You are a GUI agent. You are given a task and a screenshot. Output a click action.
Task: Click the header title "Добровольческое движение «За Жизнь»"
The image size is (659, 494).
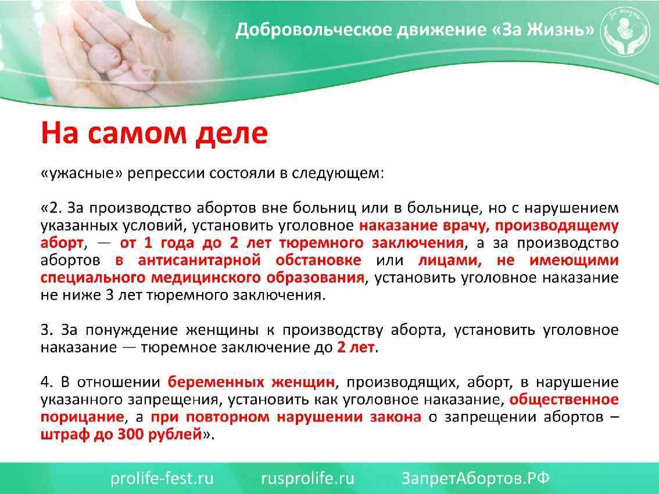coord(414,30)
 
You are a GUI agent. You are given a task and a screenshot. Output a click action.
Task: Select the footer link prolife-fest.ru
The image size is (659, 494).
coord(162,478)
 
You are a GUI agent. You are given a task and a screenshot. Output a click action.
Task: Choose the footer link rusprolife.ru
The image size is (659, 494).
coord(307,478)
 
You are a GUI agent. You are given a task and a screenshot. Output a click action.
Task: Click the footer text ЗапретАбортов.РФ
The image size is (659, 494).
coord(475,478)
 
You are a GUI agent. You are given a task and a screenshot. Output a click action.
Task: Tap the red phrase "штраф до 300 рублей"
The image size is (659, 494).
coord(121,434)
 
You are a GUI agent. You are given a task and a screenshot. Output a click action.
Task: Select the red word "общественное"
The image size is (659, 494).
coord(564,399)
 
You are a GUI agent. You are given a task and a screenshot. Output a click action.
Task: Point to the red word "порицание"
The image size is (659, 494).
coord(82,417)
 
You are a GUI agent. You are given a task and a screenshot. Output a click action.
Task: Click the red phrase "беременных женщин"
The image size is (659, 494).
coord(251,382)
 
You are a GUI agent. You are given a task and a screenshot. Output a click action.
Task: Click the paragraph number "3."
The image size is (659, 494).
coord(47,330)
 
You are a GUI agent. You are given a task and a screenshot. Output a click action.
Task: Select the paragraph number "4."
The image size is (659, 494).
coord(47,382)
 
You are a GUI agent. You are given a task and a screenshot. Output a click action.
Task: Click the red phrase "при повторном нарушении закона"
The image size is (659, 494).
coord(286,417)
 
